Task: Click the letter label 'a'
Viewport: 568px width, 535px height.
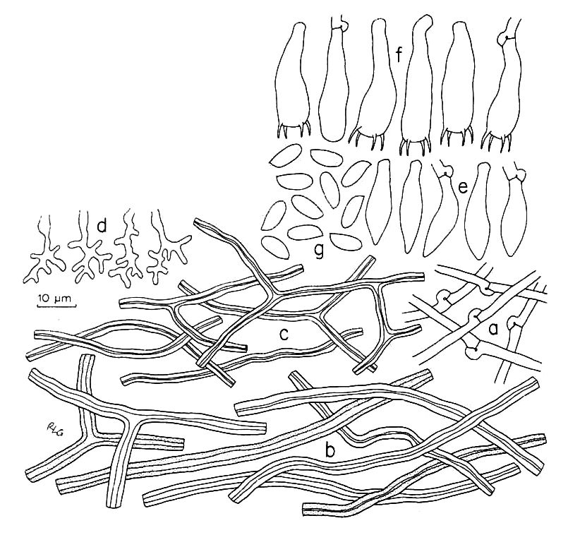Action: [x=493, y=329]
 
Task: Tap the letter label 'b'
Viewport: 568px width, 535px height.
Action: [x=330, y=450]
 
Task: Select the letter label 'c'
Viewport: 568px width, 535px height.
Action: [x=284, y=335]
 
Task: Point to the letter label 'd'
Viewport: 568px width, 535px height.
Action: [x=102, y=226]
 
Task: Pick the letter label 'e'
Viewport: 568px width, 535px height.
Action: [x=464, y=187]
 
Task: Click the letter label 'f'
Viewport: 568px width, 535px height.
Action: [x=399, y=54]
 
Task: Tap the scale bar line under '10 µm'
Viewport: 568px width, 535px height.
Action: [x=56, y=306]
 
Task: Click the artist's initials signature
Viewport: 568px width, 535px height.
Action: [x=53, y=429]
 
